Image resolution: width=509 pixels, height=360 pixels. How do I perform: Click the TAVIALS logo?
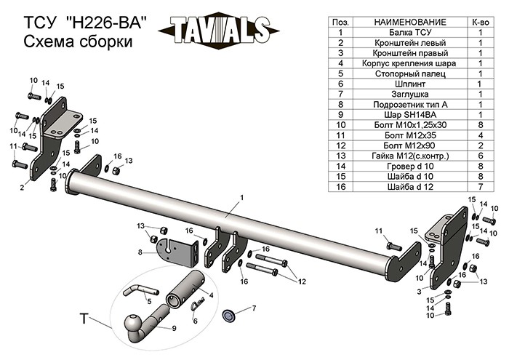point(218,31)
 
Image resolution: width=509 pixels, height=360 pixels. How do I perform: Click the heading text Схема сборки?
point(79,41)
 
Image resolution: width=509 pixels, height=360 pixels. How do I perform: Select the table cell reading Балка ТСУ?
point(410,33)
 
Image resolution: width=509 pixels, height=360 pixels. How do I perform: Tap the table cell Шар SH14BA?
point(410,115)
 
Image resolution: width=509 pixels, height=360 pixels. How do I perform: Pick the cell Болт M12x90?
point(410,145)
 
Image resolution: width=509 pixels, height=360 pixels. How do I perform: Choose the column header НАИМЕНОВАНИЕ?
point(410,22)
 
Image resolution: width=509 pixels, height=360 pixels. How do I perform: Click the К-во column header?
point(481,22)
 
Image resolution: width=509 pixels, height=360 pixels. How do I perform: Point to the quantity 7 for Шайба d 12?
point(481,187)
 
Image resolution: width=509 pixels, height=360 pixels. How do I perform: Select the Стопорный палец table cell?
point(410,73)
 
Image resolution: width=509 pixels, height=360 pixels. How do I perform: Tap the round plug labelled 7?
point(229,315)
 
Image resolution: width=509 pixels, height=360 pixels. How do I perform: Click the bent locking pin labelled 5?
point(140,289)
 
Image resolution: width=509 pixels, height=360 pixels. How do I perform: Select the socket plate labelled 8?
point(177,252)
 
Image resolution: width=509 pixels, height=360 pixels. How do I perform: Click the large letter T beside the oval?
point(84,319)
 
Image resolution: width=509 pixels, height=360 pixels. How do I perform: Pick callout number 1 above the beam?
point(241,198)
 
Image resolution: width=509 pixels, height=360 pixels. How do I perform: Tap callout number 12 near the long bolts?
point(302,281)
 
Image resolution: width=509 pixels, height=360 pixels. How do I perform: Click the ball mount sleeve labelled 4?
point(185,289)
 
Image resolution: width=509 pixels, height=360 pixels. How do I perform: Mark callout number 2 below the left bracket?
point(22,188)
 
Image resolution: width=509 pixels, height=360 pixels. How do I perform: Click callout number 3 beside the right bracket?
point(419,291)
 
